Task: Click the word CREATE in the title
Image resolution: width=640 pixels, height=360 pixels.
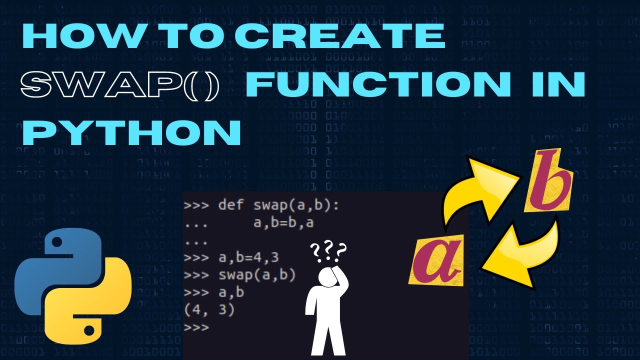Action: [340, 35]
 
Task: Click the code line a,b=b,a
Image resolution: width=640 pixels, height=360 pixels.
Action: [283, 222]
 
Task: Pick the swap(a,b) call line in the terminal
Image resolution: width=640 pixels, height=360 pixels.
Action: [240, 275]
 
